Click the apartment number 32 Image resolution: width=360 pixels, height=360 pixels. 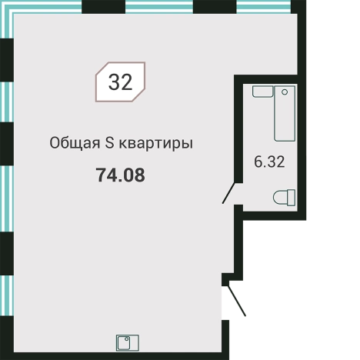point(121,82)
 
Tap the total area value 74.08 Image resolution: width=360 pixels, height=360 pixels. point(120,175)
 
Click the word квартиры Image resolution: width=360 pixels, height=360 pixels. point(157,142)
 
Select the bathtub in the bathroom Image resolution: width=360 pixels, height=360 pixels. point(285,113)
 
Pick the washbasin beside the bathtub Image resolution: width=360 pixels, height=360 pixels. point(262,92)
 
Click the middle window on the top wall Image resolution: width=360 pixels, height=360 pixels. point(158,8)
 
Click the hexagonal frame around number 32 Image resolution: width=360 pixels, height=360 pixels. point(98,82)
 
